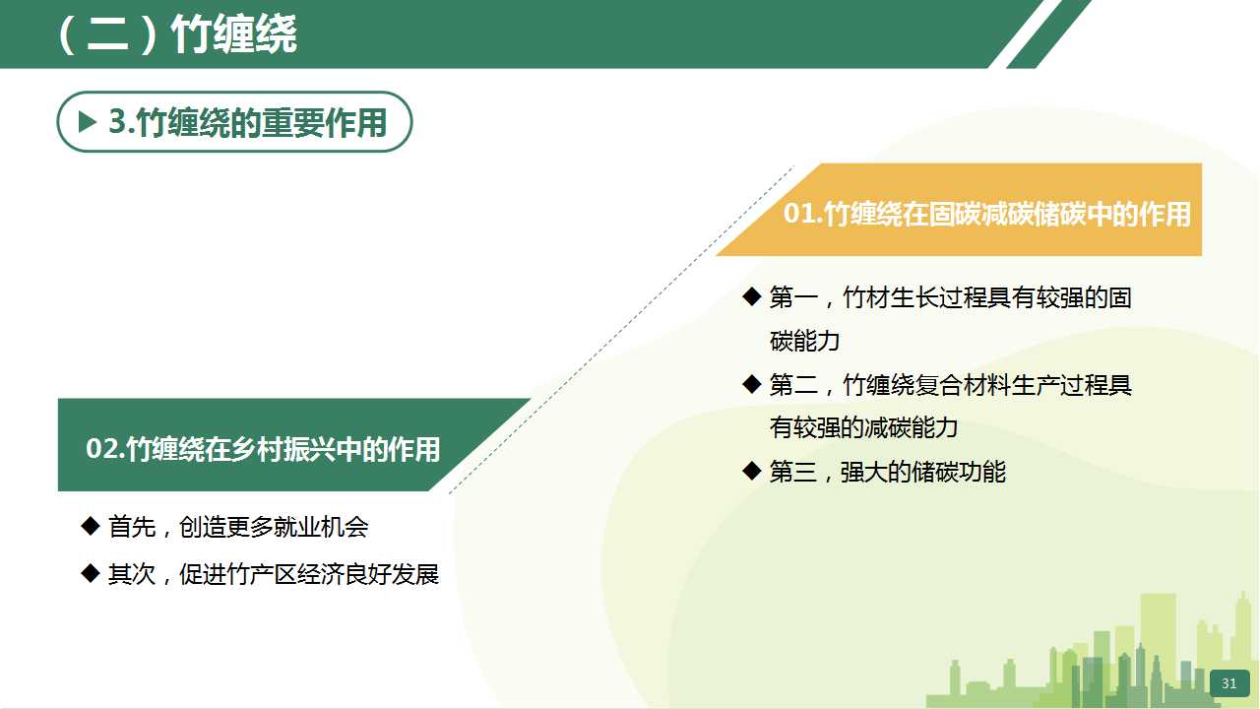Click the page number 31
click(1229, 683)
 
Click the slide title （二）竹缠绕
click(176, 34)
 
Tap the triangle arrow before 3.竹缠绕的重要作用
click(88, 121)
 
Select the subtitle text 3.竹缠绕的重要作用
click(247, 122)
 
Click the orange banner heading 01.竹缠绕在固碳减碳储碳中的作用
click(987, 214)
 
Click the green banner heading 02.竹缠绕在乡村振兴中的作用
click(263, 449)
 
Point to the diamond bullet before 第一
click(751, 296)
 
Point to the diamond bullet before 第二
click(751, 384)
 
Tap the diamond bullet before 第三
click(751, 471)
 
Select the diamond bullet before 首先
click(90, 526)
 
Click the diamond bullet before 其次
click(90, 573)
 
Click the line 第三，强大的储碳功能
click(888, 472)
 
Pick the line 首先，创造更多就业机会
click(238, 527)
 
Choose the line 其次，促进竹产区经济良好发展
click(274, 574)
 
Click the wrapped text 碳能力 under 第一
click(804, 341)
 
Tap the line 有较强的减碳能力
click(863, 427)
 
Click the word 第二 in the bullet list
click(793, 385)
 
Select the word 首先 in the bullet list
click(132, 527)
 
